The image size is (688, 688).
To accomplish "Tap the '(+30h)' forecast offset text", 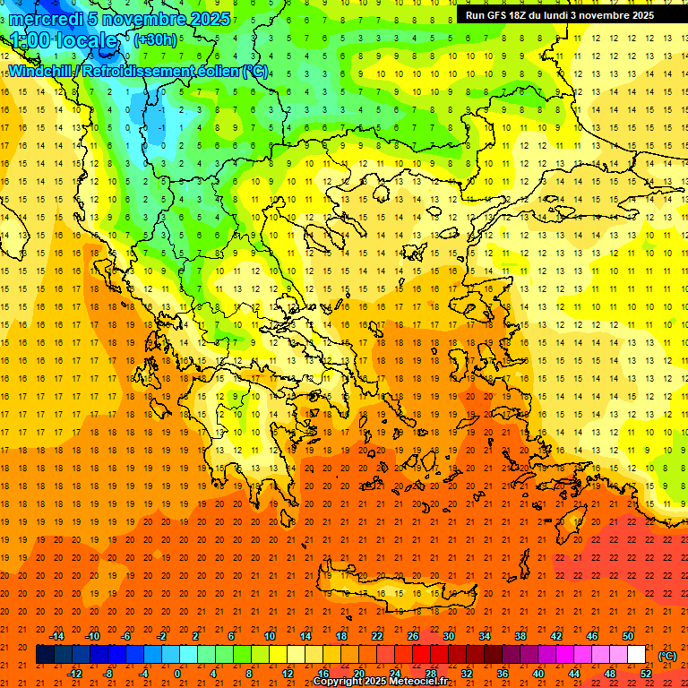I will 154,39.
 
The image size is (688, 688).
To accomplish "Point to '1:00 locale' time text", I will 64,40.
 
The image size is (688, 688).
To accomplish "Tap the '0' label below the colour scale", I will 177,674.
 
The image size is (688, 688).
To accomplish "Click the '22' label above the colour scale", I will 377,636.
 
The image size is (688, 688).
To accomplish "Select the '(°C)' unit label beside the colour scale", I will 666,656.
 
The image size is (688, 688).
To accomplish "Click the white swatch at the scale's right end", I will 636,655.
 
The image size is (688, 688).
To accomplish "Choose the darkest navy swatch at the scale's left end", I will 45,655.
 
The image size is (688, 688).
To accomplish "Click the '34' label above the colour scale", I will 484,636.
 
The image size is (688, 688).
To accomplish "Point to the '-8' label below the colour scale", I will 108,674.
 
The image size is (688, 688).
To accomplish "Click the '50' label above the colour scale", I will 627,636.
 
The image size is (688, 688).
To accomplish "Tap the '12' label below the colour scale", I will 288,674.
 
